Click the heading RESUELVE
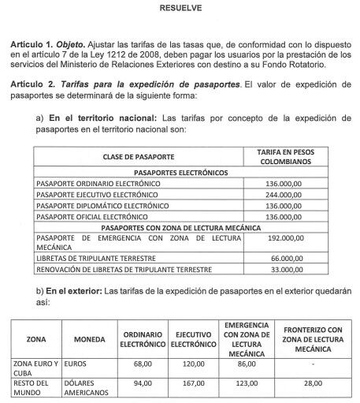[180, 10]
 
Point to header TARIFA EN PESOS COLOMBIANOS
[288, 155]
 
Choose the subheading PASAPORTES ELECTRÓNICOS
[181, 171]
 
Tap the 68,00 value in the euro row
[143, 365]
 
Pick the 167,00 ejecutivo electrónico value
[193, 384]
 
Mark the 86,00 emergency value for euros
[246, 365]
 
